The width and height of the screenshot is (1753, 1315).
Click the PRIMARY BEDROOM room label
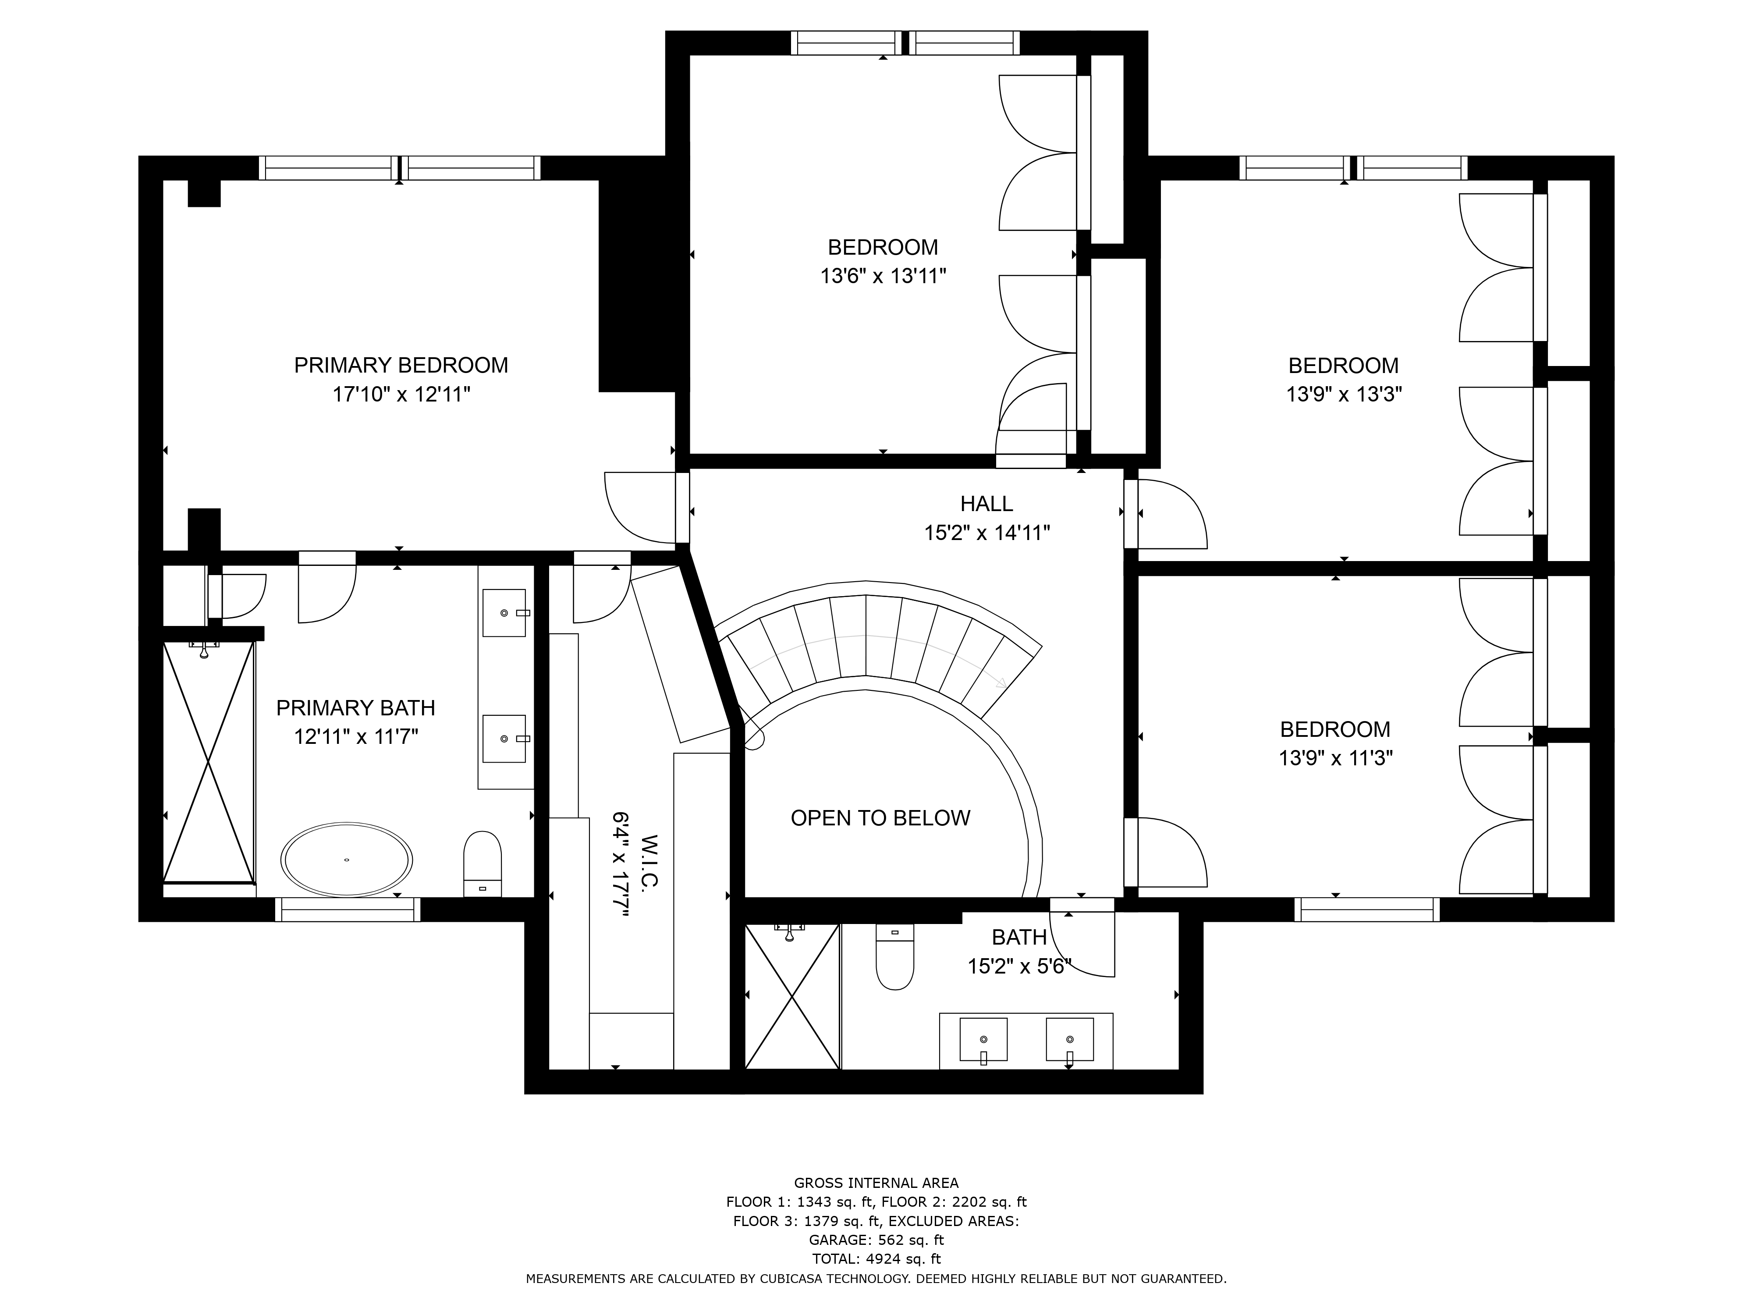click(x=401, y=366)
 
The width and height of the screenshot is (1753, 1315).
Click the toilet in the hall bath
click(x=895, y=957)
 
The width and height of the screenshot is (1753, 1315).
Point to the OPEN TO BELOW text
click(x=880, y=818)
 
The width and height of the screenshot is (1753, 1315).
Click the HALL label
click(x=987, y=503)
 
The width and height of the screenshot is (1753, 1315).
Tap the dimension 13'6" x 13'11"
click(x=884, y=276)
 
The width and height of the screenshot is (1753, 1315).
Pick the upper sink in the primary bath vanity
click(x=504, y=613)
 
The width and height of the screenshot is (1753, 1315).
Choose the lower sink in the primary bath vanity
click(x=504, y=739)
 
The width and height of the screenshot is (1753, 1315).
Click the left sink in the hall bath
click(x=983, y=1039)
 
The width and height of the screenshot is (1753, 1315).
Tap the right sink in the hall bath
click(x=1070, y=1039)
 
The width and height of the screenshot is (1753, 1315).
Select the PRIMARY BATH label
click(x=356, y=708)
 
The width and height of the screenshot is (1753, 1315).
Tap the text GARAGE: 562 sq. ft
click(x=876, y=1240)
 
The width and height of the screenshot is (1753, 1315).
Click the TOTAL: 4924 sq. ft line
click(x=876, y=1259)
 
